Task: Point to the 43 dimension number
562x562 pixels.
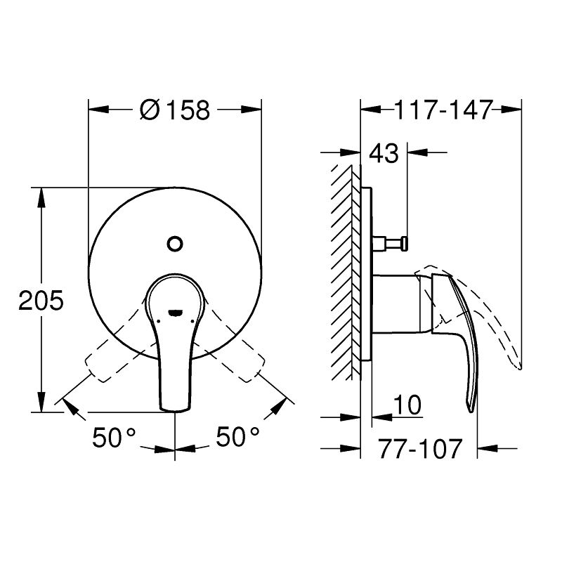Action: pos(384,153)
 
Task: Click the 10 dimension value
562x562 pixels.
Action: pos(407,405)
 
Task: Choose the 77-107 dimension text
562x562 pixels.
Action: pos(420,448)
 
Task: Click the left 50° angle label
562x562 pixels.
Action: pos(114,437)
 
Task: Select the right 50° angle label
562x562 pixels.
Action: pos(237,436)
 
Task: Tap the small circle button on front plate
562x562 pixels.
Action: pos(175,244)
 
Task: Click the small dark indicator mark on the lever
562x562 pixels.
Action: pos(175,313)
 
